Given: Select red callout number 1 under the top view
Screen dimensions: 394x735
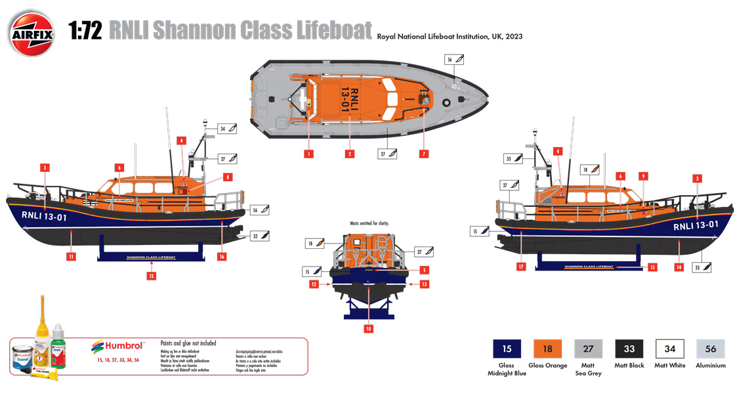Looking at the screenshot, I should (308, 154).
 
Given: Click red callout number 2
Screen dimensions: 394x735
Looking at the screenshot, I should (350, 154).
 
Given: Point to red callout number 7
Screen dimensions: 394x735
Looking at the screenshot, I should (424, 154).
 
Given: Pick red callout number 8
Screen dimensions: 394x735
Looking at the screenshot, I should (227, 177).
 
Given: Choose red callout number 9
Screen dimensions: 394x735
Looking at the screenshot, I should (643, 176).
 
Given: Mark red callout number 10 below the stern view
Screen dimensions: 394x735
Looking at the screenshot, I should (369, 328).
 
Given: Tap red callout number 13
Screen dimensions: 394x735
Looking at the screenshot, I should (425, 284).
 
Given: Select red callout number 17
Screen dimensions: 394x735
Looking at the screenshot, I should (522, 267).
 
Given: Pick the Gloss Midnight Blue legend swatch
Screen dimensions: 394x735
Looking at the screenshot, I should (506, 348).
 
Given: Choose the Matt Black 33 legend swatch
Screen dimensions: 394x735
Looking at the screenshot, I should (629, 348).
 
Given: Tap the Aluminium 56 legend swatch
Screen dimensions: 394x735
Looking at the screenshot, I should (711, 348).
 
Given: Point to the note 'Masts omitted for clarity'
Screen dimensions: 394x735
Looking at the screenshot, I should (369, 223).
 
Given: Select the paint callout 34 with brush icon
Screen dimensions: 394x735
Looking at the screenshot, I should (227, 129).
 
